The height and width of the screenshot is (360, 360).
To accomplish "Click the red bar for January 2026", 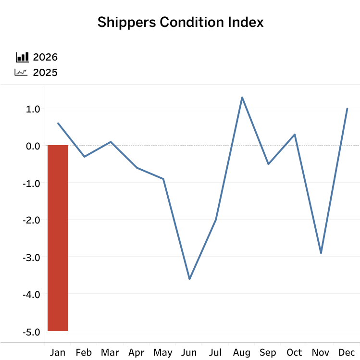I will [x=58, y=238].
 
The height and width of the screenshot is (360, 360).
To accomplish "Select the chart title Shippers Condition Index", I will [x=180, y=22].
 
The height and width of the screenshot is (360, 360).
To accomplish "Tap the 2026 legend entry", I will [x=45, y=57].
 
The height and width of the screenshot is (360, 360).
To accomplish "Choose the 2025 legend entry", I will [x=45, y=73].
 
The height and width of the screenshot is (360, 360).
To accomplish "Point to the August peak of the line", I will [x=242, y=97].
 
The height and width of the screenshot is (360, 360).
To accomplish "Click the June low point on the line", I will [x=189, y=279].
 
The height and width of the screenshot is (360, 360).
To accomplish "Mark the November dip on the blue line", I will [x=321, y=253].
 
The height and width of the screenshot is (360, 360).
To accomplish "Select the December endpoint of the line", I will [x=347, y=108].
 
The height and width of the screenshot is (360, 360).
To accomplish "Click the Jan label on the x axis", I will [x=58, y=353].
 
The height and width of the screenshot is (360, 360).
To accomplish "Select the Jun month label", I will [x=189, y=353].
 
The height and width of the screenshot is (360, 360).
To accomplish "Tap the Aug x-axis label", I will [x=242, y=353].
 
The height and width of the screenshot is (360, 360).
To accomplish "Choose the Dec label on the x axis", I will [x=347, y=353].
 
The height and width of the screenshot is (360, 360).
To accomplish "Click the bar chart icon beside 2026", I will [x=22, y=57].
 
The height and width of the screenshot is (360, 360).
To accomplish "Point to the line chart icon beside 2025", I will [x=21, y=73].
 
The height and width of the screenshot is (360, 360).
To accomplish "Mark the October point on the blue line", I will [x=295, y=134].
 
